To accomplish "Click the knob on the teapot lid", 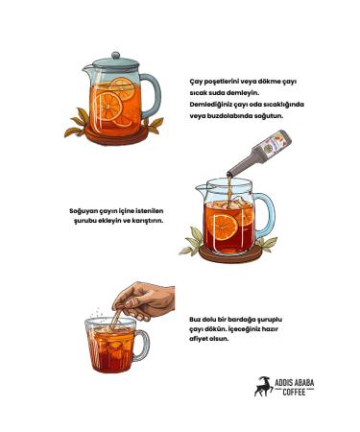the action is click(x=116, y=56).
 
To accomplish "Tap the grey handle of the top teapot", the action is click(x=153, y=93).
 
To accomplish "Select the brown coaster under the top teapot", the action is click(x=117, y=136).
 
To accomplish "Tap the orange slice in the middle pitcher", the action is click(x=225, y=228).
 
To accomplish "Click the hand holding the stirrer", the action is click(x=146, y=300).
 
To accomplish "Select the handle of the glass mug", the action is click(x=143, y=346).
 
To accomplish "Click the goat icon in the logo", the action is click(x=263, y=386).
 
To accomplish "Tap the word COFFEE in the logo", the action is click(x=294, y=392).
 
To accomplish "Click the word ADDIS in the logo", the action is click(x=282, y=383).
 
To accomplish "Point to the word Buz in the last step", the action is click(x=195, y=319).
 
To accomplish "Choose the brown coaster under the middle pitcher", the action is click(x=230, y=255).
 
